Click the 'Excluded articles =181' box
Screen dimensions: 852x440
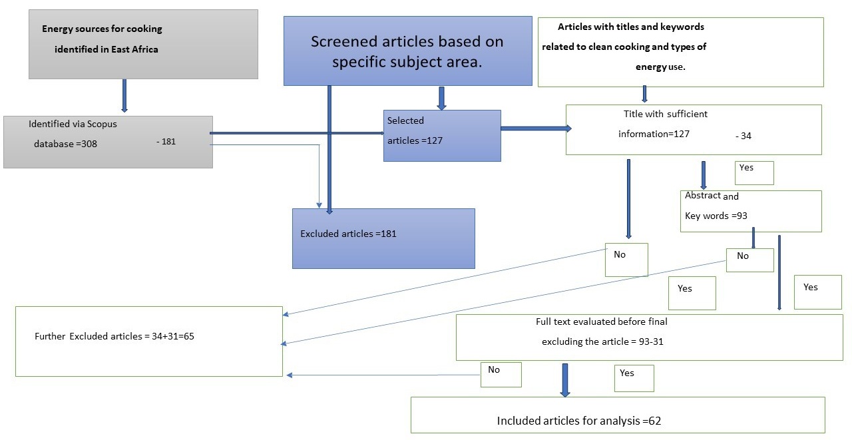tap(383, 238)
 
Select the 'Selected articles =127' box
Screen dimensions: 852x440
tap(442, 136)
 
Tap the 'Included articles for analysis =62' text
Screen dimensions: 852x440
tap(579, 421)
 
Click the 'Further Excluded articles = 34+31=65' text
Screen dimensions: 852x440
tap(114, 336)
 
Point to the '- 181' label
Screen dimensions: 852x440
tap(166, 142)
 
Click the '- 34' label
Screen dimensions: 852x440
tap(744, 136)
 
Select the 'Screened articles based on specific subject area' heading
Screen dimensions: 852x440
tap(407, 51)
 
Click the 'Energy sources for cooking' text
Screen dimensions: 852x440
tap(102, 29)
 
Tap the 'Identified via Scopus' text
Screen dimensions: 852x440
tap(73, 124)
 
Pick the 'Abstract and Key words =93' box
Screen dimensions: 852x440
tap(751, 211)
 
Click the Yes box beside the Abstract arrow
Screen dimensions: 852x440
tap(754, 173)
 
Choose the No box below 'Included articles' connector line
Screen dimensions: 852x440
tap(501, 375)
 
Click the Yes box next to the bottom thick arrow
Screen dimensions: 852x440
tap(634, 378)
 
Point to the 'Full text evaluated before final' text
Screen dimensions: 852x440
tap(601, 322)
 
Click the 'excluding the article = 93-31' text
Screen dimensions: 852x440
tap(602, 341)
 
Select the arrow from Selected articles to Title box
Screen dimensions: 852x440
tap(536, 128)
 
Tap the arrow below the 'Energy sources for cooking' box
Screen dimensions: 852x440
tap(124, 95)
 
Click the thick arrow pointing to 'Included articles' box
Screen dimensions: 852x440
tap(565, 380)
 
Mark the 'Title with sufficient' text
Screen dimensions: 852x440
tap(665, 114)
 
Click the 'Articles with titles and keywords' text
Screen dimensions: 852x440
tap(630, 27)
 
